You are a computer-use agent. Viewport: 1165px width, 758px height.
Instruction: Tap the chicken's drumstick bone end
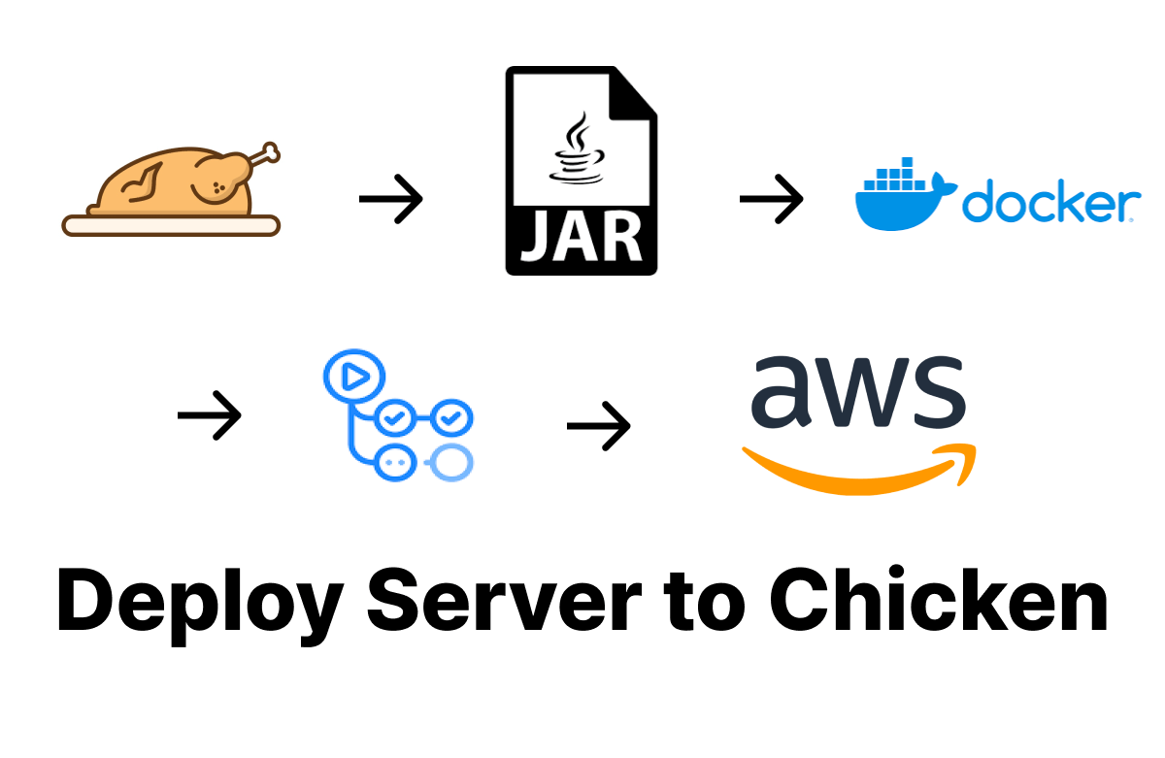[x=270, y=152]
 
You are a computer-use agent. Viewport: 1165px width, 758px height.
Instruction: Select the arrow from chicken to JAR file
[x=390, y=199]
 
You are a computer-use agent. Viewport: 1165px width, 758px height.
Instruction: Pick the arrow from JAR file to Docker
[x=771, y=199]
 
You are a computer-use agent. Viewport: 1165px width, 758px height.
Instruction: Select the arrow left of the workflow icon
[x=209, y=415]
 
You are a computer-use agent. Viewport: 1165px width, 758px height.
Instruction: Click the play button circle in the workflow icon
[x=353, y=377]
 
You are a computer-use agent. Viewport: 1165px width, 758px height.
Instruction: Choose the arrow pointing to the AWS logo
[x=598, y=426]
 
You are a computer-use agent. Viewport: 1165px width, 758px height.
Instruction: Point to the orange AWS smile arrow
[x=858, y=472]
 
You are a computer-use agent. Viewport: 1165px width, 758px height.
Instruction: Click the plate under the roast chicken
[x=171, y=225]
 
